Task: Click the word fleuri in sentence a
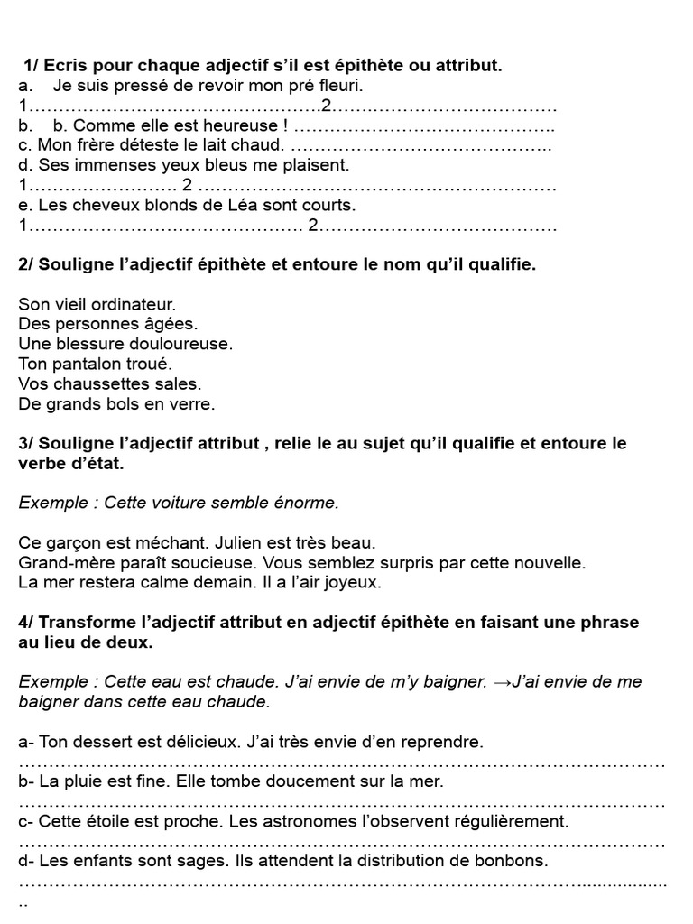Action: [x=339, y=87]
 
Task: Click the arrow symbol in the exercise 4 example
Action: [x=502, y=682]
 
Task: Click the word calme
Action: [x=173, y=583]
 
